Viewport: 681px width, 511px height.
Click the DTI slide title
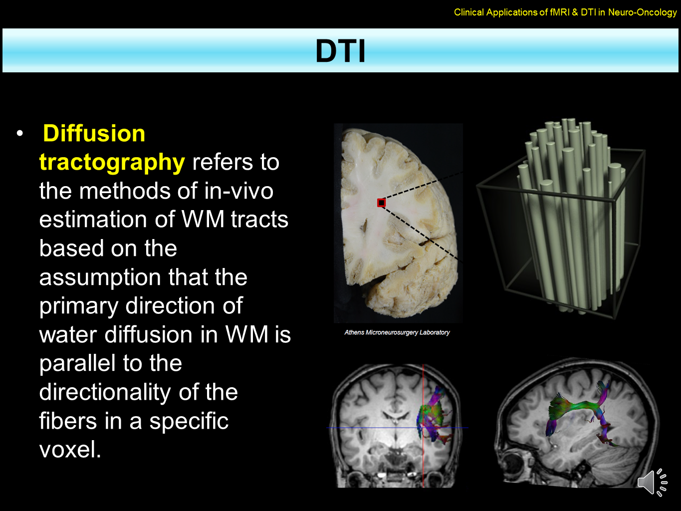point(340,51)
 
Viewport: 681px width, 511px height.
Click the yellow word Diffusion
point(94,134)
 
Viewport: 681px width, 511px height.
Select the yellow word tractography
point(112,162)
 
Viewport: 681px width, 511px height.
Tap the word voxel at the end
point(70,450)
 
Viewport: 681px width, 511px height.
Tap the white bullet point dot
point(20,133)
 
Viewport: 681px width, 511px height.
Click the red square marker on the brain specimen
point(381,203)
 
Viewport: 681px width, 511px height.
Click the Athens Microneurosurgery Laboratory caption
point(397,332)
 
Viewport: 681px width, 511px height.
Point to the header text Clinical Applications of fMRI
point(511,12)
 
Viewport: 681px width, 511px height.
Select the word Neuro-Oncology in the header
point(642,12)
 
